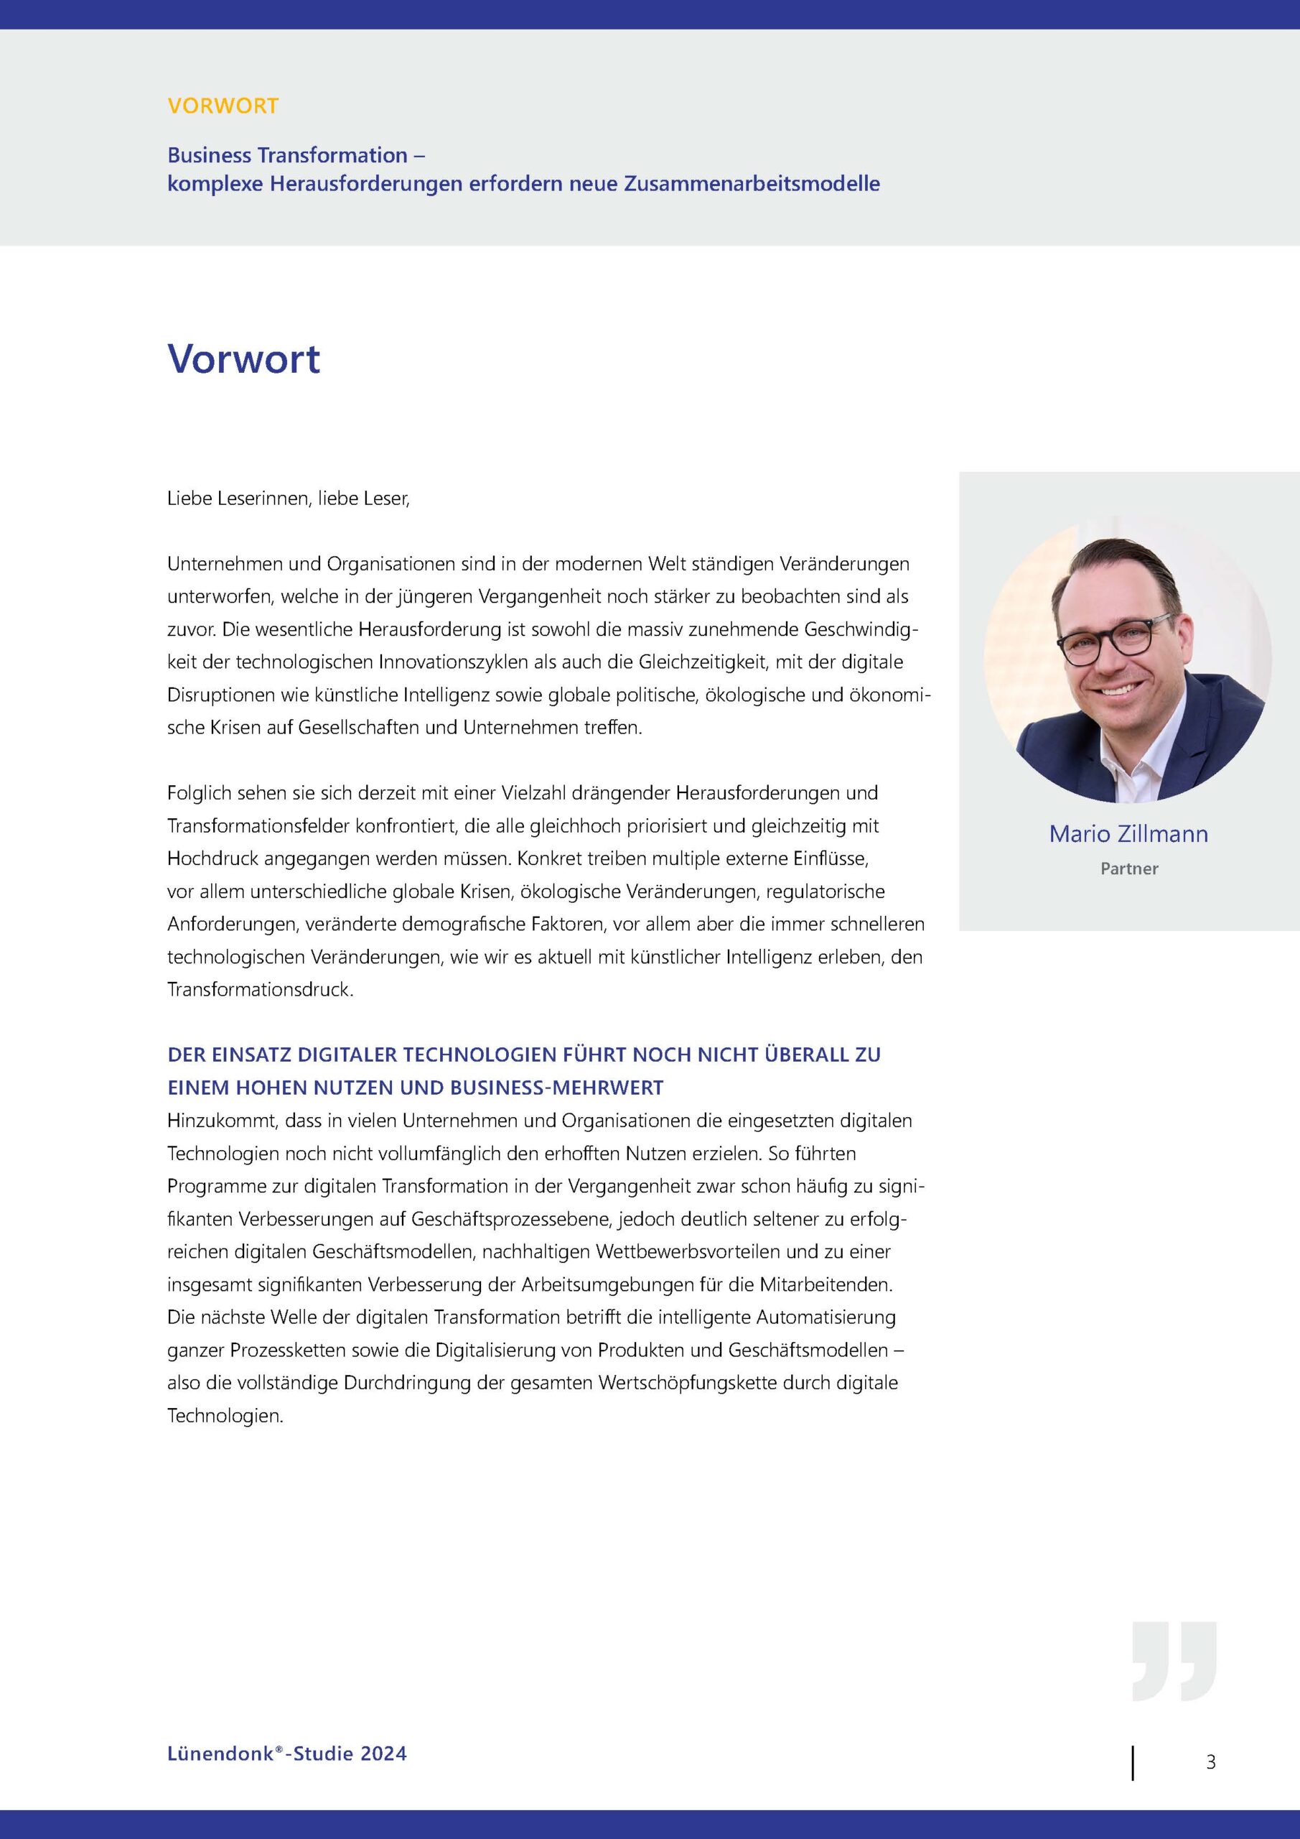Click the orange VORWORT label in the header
coord(223,106)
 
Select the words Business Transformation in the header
coord(287,154)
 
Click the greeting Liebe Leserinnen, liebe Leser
coord(288,499)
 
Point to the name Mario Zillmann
coord(1128,834)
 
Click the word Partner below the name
coord(1128,868)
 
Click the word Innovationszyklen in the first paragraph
coord(451,662)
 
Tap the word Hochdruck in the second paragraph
coord(212,858)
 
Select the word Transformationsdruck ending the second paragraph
coord(259,990)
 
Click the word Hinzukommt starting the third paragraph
coord(220,1121)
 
